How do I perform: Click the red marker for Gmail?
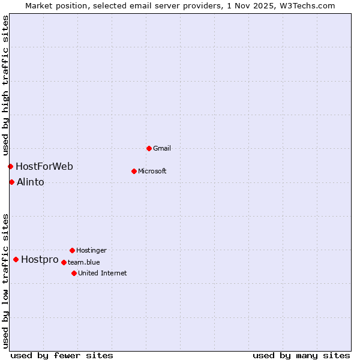point(149,148)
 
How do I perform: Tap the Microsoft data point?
point(134,171)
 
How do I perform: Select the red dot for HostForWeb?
point(10,166)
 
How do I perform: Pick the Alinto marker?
point(11,182)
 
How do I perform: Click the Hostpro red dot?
point(16,259)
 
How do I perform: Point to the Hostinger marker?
point(72,250)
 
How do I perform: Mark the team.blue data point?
point(64,262)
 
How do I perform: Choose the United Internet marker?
point(74,273)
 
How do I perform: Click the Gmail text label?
point(162,148)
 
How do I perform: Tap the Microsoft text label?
point(152,171)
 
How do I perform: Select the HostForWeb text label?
point(44,166)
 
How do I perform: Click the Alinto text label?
point(31,182)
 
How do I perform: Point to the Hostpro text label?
point(40,259)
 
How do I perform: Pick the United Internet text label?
point(103,273)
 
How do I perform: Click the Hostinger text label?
point(91,250)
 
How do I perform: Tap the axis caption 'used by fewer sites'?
point(62,355)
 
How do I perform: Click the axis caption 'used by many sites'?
point(301,355)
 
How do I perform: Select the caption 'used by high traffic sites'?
point(5,85)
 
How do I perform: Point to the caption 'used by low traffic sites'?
point(5,281)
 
